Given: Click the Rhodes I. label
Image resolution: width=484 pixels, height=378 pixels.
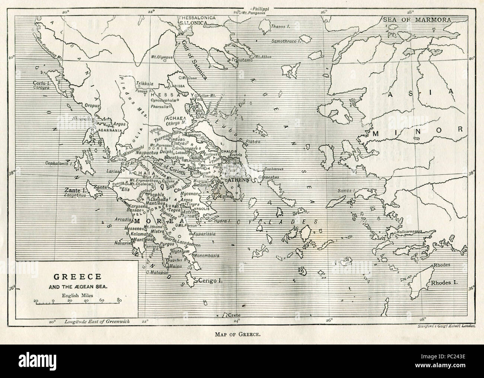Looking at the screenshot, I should point(444,283).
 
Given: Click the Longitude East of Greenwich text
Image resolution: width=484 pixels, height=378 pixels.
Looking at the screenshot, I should point(97,322).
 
